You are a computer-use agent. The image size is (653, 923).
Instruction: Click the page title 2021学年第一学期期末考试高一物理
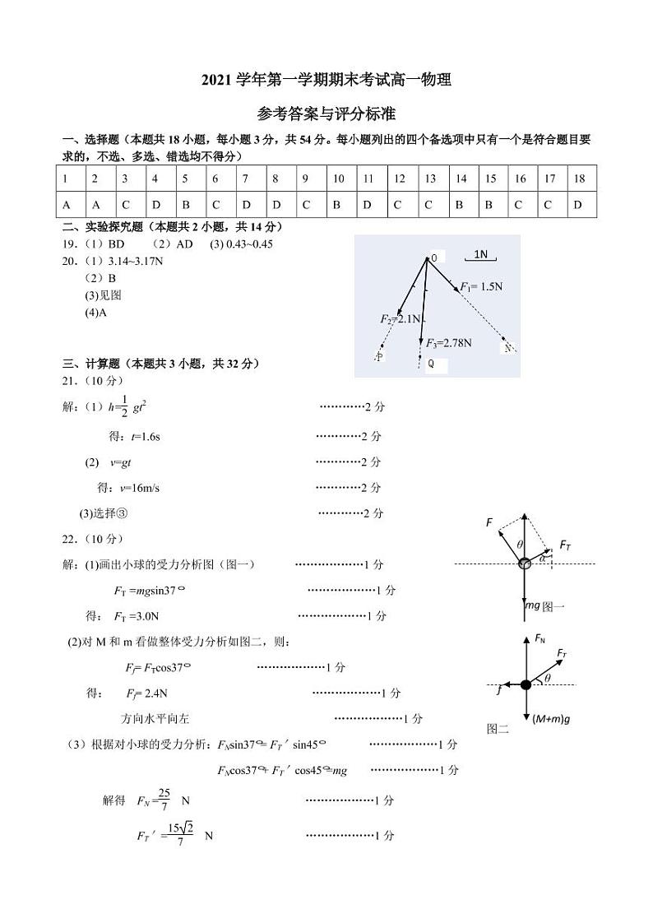[x=326, y=80]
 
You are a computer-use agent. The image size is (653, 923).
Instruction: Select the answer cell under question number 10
[x=337, y=205]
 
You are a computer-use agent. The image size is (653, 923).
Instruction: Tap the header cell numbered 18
[x=579, y=179]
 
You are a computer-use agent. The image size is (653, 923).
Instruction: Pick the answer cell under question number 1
[x=65, y=205]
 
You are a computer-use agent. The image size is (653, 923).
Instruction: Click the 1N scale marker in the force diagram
[x=481, y=255]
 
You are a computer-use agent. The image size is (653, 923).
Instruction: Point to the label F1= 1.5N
[x=481, y=286]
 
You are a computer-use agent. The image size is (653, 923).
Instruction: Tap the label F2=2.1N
[x=401, y=319]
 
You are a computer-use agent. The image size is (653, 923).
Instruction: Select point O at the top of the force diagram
[x=433, y=258]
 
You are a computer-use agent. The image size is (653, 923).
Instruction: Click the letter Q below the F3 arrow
[x=431, y=363]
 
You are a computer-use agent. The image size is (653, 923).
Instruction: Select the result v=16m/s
[x=140, y=488]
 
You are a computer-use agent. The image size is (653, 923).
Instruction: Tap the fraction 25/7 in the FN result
[x=164, y=800]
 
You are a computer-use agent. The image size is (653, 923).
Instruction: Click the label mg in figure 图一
[x=533, y=605]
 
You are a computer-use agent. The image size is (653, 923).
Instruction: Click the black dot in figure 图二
[x=525, y=684]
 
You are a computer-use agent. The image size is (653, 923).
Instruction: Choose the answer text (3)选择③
[x=104, y=513]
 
